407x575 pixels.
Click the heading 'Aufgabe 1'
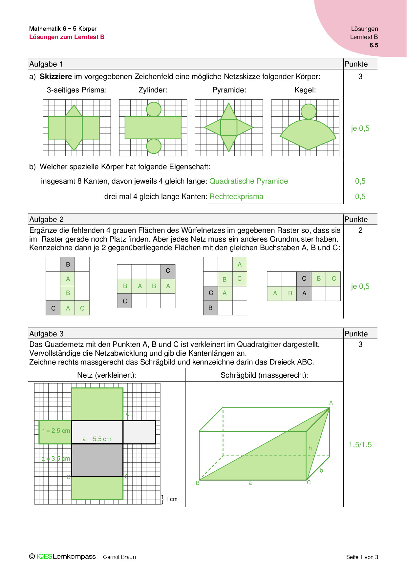[x=46, y=64]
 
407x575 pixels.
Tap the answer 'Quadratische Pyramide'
[x=248, y=181]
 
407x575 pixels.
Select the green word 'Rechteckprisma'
[x=236, y=196]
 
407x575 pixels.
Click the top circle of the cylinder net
[x=154, y=109]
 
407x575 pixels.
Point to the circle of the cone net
[x=309, y=111]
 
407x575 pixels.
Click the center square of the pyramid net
[x=229, y=128]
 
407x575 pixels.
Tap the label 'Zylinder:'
[x=153, y=90]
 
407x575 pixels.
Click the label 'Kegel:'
[x=305, y=90]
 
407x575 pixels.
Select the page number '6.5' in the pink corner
[x=374, y=45]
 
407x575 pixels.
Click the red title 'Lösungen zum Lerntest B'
[x=67, y=37]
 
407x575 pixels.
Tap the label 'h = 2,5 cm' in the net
[x=55, y=431]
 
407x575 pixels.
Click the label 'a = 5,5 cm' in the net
[x=97, y=439]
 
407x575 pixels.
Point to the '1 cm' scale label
[x=171, y=499]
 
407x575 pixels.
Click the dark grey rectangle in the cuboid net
[x=97, y=460]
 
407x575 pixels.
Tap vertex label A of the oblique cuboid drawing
[x=331, y=403]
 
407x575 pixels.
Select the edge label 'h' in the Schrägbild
[x=310, y=448]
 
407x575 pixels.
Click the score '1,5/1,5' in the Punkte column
[x=360, y=445]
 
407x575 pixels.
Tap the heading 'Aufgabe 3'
[x=46, y=334]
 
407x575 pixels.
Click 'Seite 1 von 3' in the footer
[x=362, y=557]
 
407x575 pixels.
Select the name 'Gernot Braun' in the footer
[x=119, y=557]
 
